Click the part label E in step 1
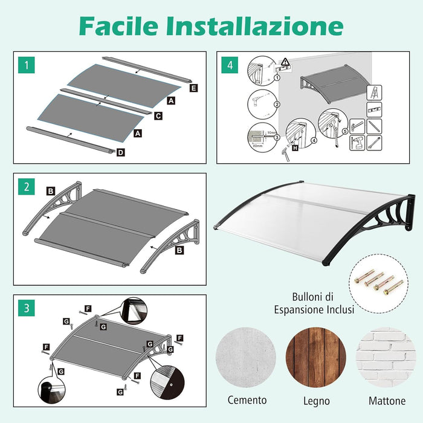point(193,88)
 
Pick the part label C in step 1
point(158,114)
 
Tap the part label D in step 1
point(120,152)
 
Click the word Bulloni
point(305,297)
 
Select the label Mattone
point(387,401)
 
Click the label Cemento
point(247,400)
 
